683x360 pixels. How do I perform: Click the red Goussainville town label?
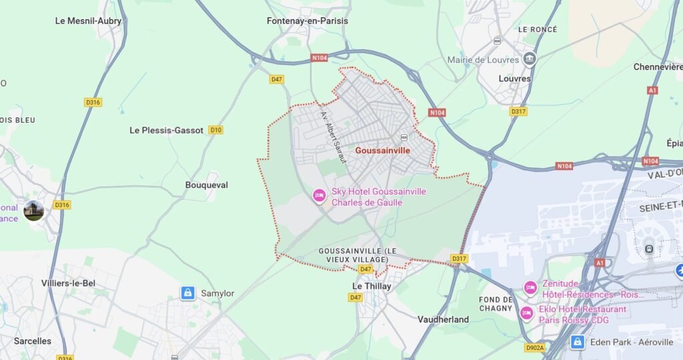(383, 151)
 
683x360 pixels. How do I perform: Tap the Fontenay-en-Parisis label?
(307, 21)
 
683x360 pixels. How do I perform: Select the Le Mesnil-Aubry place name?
(88, 21)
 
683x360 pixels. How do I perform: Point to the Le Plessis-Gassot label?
(166, 131)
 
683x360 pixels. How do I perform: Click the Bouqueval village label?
(206, 185)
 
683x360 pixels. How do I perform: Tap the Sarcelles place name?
(33, 341)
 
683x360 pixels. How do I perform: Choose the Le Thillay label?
(372, 286)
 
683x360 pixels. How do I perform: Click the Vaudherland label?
(443, 319)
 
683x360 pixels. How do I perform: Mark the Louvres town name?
(515, 78)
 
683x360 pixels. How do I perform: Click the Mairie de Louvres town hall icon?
(530, 59)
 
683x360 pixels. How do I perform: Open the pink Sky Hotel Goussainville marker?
(319, 196)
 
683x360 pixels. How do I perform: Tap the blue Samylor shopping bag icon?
(188, 293)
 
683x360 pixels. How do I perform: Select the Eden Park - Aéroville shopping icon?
(578, 342)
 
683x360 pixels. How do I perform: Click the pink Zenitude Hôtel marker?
(530, 288)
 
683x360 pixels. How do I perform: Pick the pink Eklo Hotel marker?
(527, 313)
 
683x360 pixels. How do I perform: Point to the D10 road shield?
(215, 130)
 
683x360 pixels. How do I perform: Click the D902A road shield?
(535, 347)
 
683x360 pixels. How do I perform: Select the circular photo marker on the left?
(33, 211)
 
